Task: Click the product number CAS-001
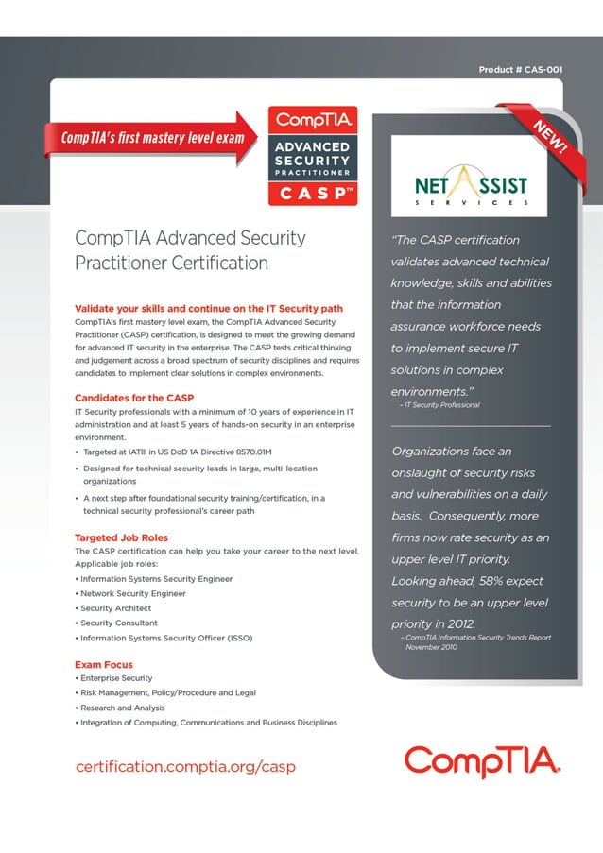point(521,70)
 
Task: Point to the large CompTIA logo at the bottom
point(483,761)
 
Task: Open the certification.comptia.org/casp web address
point(185,766)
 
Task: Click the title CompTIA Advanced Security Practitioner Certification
point(190,250)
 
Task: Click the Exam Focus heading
point(104,665)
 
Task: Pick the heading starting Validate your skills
point(208,308)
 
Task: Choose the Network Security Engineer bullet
point(133,593)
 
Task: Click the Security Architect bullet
point(116,608)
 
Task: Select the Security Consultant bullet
point(119,623)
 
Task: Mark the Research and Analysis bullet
point(123,708)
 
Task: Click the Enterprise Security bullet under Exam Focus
point(116,678)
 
